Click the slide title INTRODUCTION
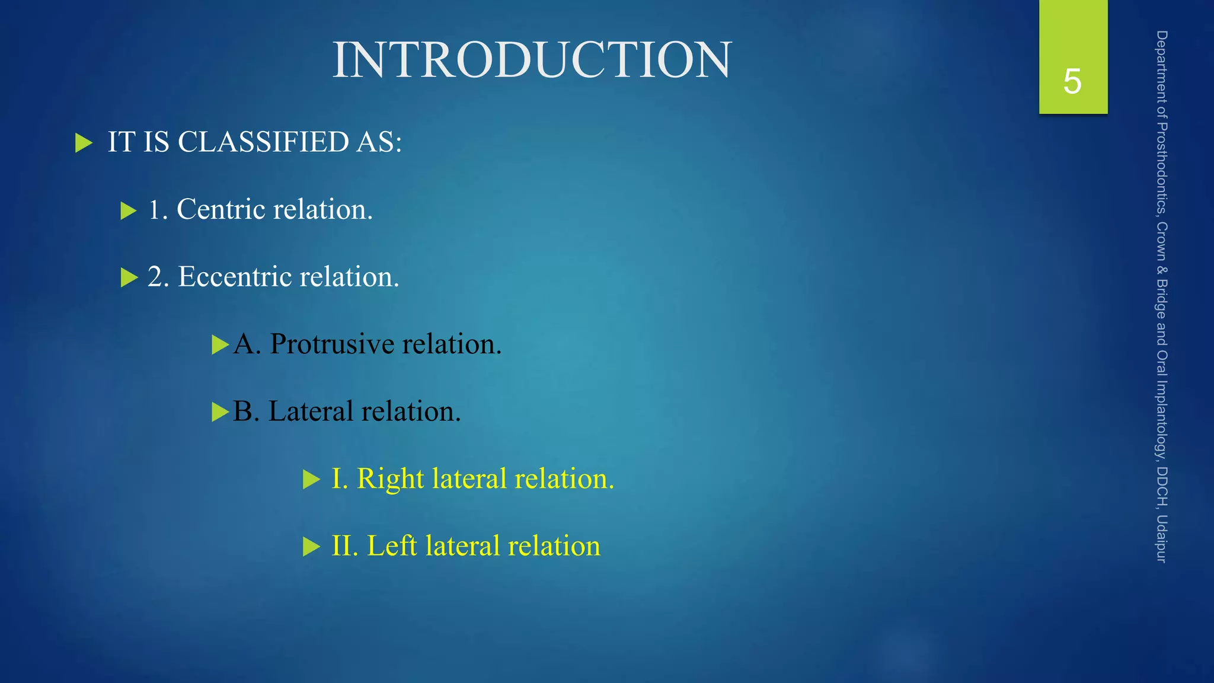pos(532,60)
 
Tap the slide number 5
pos(1072,81)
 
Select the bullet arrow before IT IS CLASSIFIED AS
pos(84,143)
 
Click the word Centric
pos(221,209)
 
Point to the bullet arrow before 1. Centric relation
pos(128,210)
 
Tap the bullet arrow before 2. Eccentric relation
pos(129,277)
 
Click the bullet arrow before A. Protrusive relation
pos(220,344)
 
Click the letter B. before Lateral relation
pos(246,411)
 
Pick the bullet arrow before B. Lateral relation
pos(220,412)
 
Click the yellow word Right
pos(390,479)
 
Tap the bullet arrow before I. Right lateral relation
pos(311,479)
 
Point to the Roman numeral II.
pos(344,546)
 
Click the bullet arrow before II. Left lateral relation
pos(311,547)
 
